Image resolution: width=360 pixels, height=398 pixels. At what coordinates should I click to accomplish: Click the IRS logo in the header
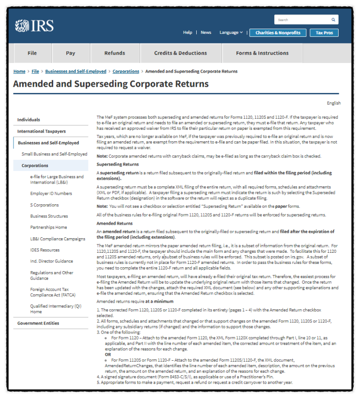(34, 25)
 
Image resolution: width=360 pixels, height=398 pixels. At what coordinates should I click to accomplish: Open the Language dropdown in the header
(231, 32)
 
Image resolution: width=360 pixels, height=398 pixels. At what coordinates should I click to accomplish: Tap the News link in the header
(206, 32)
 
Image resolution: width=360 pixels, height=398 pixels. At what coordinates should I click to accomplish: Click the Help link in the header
(188, 32)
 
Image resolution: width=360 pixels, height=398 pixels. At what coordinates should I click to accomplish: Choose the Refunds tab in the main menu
(114, 53)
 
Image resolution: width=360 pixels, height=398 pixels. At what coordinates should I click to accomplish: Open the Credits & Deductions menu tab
(180, 53)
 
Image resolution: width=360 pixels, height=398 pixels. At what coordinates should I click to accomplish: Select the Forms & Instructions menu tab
(262, 53)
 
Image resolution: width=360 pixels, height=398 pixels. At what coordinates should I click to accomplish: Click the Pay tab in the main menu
(71, 53)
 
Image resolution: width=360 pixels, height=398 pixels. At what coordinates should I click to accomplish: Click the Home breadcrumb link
(19, 71)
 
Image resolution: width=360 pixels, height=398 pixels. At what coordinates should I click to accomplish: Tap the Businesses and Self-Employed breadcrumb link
(76, 71)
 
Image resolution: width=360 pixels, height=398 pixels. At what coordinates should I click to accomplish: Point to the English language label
(333, 103)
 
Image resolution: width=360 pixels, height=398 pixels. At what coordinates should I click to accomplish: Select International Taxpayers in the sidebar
(41, 131)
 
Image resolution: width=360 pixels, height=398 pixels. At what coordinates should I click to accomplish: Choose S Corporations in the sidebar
(45, 205)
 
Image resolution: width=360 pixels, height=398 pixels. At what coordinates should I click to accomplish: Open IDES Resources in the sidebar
(45, 250)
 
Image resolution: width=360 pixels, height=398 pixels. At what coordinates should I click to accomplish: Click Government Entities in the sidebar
(38, 323)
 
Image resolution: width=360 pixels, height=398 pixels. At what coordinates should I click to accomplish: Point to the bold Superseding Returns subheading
(117, 164)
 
